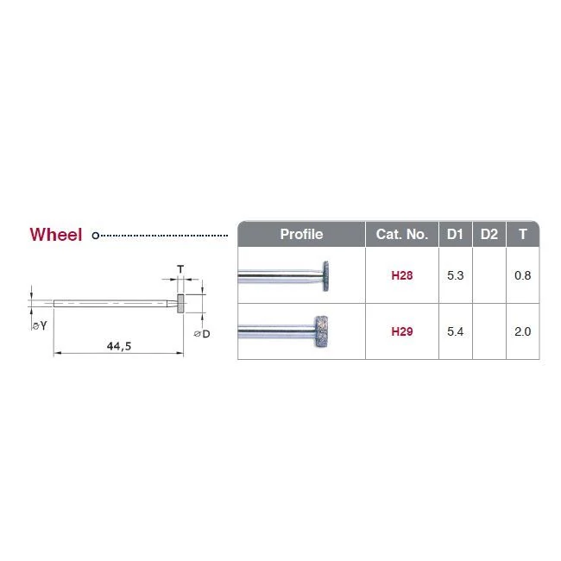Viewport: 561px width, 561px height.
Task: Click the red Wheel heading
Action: tap(56, 235)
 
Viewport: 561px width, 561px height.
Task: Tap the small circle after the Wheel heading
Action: tap(95, 236)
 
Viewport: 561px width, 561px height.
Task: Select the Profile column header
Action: tap(301, 235)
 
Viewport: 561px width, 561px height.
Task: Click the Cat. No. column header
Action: tap(402, 235)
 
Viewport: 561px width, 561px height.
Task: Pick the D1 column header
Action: tap(455, 235)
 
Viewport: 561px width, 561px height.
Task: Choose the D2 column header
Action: tap(489, 235)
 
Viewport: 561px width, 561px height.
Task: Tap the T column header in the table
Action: tap(523, 235)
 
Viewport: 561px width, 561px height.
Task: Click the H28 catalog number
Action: tap(402, 275)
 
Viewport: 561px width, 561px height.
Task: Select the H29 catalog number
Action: tap(402, 331)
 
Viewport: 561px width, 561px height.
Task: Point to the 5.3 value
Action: tap(455, 275)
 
